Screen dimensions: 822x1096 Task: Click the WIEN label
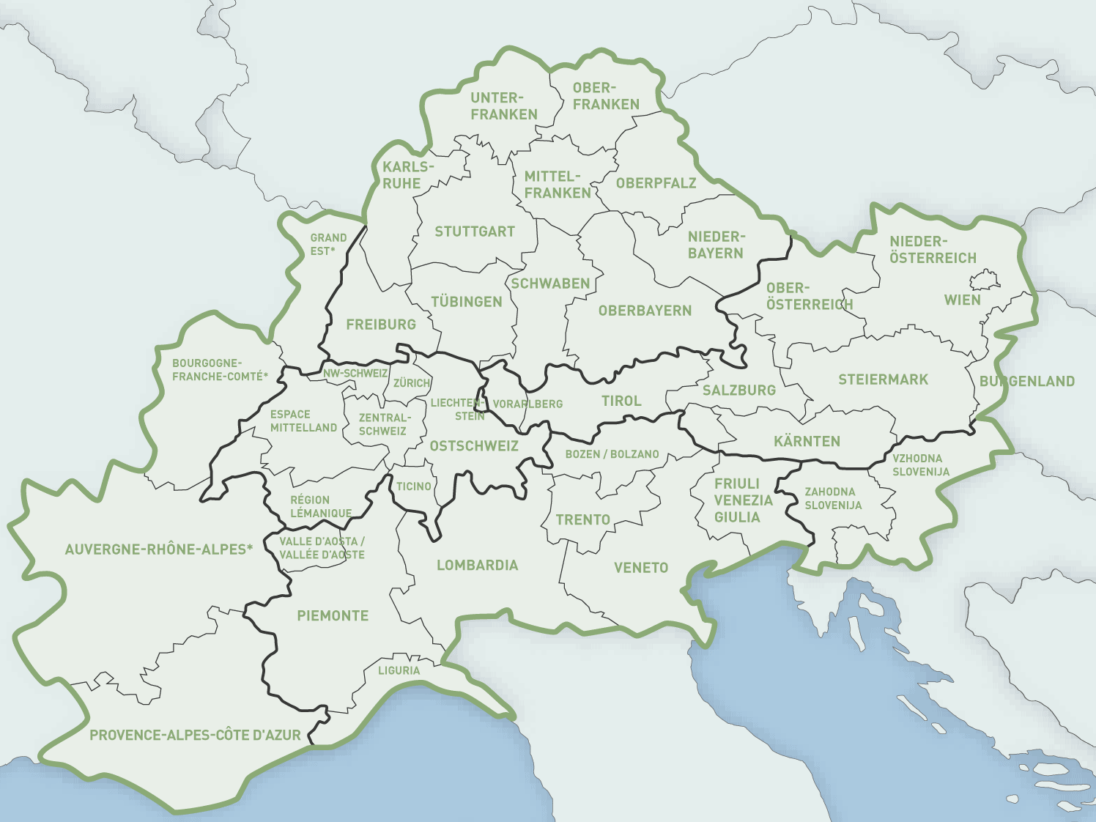[962, 300]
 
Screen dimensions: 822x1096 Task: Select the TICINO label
[413, 486]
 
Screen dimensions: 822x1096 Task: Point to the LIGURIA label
[399, 670]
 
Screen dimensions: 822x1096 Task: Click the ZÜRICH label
[412, 383]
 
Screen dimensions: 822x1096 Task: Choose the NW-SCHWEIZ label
[355, 373]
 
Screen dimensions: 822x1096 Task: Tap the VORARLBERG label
[527, 404]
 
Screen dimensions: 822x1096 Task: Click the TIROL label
[621, 401]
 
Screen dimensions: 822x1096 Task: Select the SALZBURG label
[738, 390]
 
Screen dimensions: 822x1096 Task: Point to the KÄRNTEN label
[807, 441]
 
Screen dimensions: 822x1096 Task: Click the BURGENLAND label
[1027, 381]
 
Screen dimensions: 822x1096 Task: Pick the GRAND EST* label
[328, 245]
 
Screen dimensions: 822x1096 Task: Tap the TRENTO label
[582, 519]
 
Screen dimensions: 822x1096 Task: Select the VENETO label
[641, 567]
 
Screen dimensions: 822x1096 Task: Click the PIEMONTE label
[333, 615]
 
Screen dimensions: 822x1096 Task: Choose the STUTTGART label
[475, 232]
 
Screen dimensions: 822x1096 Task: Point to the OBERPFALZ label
[656, 183]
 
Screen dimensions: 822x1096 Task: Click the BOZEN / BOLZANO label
[612, 454]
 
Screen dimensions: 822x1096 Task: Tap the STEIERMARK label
[883, 379]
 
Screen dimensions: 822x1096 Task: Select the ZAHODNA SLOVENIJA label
[833, 498]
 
